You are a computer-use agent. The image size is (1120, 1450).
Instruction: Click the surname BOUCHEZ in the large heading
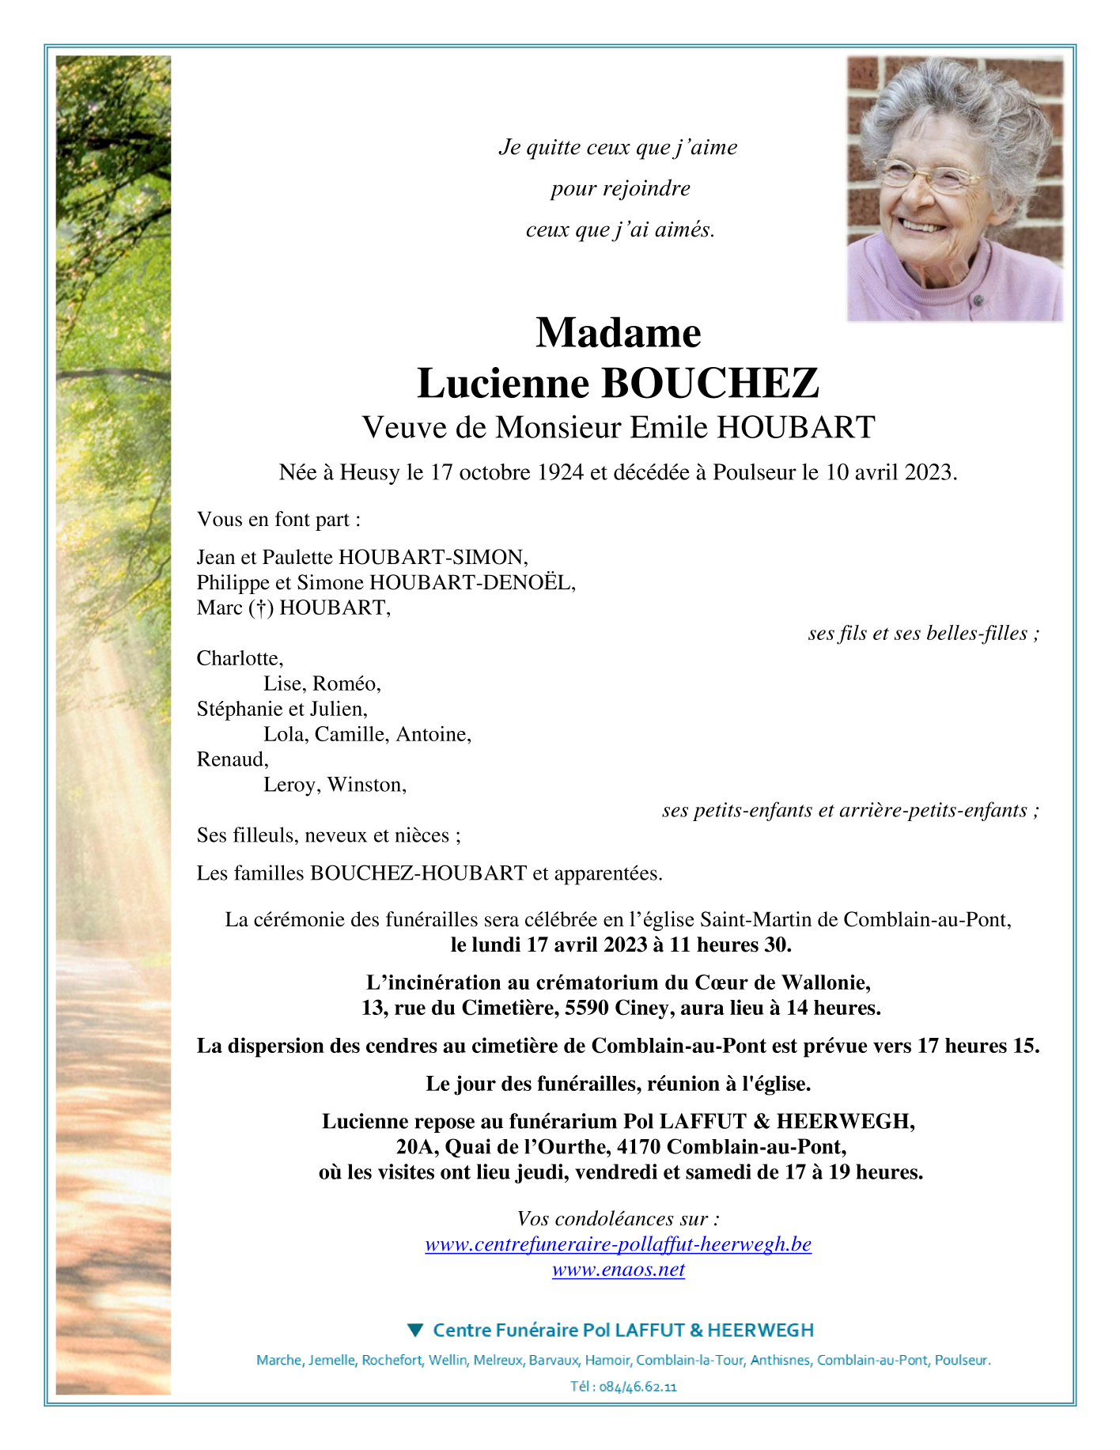tap(709, 384)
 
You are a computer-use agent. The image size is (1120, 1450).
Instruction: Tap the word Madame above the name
tap(618, 332)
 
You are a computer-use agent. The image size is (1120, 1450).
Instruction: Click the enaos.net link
tap(618, 1270)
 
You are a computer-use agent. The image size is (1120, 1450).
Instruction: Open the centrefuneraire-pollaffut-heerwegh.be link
tap(618, 1244)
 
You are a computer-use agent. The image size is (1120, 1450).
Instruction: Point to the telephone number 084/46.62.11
tap(638, 1387)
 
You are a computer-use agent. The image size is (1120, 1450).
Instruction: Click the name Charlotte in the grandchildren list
tap(239, 658)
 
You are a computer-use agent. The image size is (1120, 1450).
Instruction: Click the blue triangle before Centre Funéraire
tap(415, 1330)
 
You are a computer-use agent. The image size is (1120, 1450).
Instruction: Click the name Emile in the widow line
tap(668, 427)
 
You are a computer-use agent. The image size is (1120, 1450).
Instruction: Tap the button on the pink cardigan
tap(978, 301)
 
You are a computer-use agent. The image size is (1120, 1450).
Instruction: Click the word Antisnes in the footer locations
tap(780, 1361)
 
